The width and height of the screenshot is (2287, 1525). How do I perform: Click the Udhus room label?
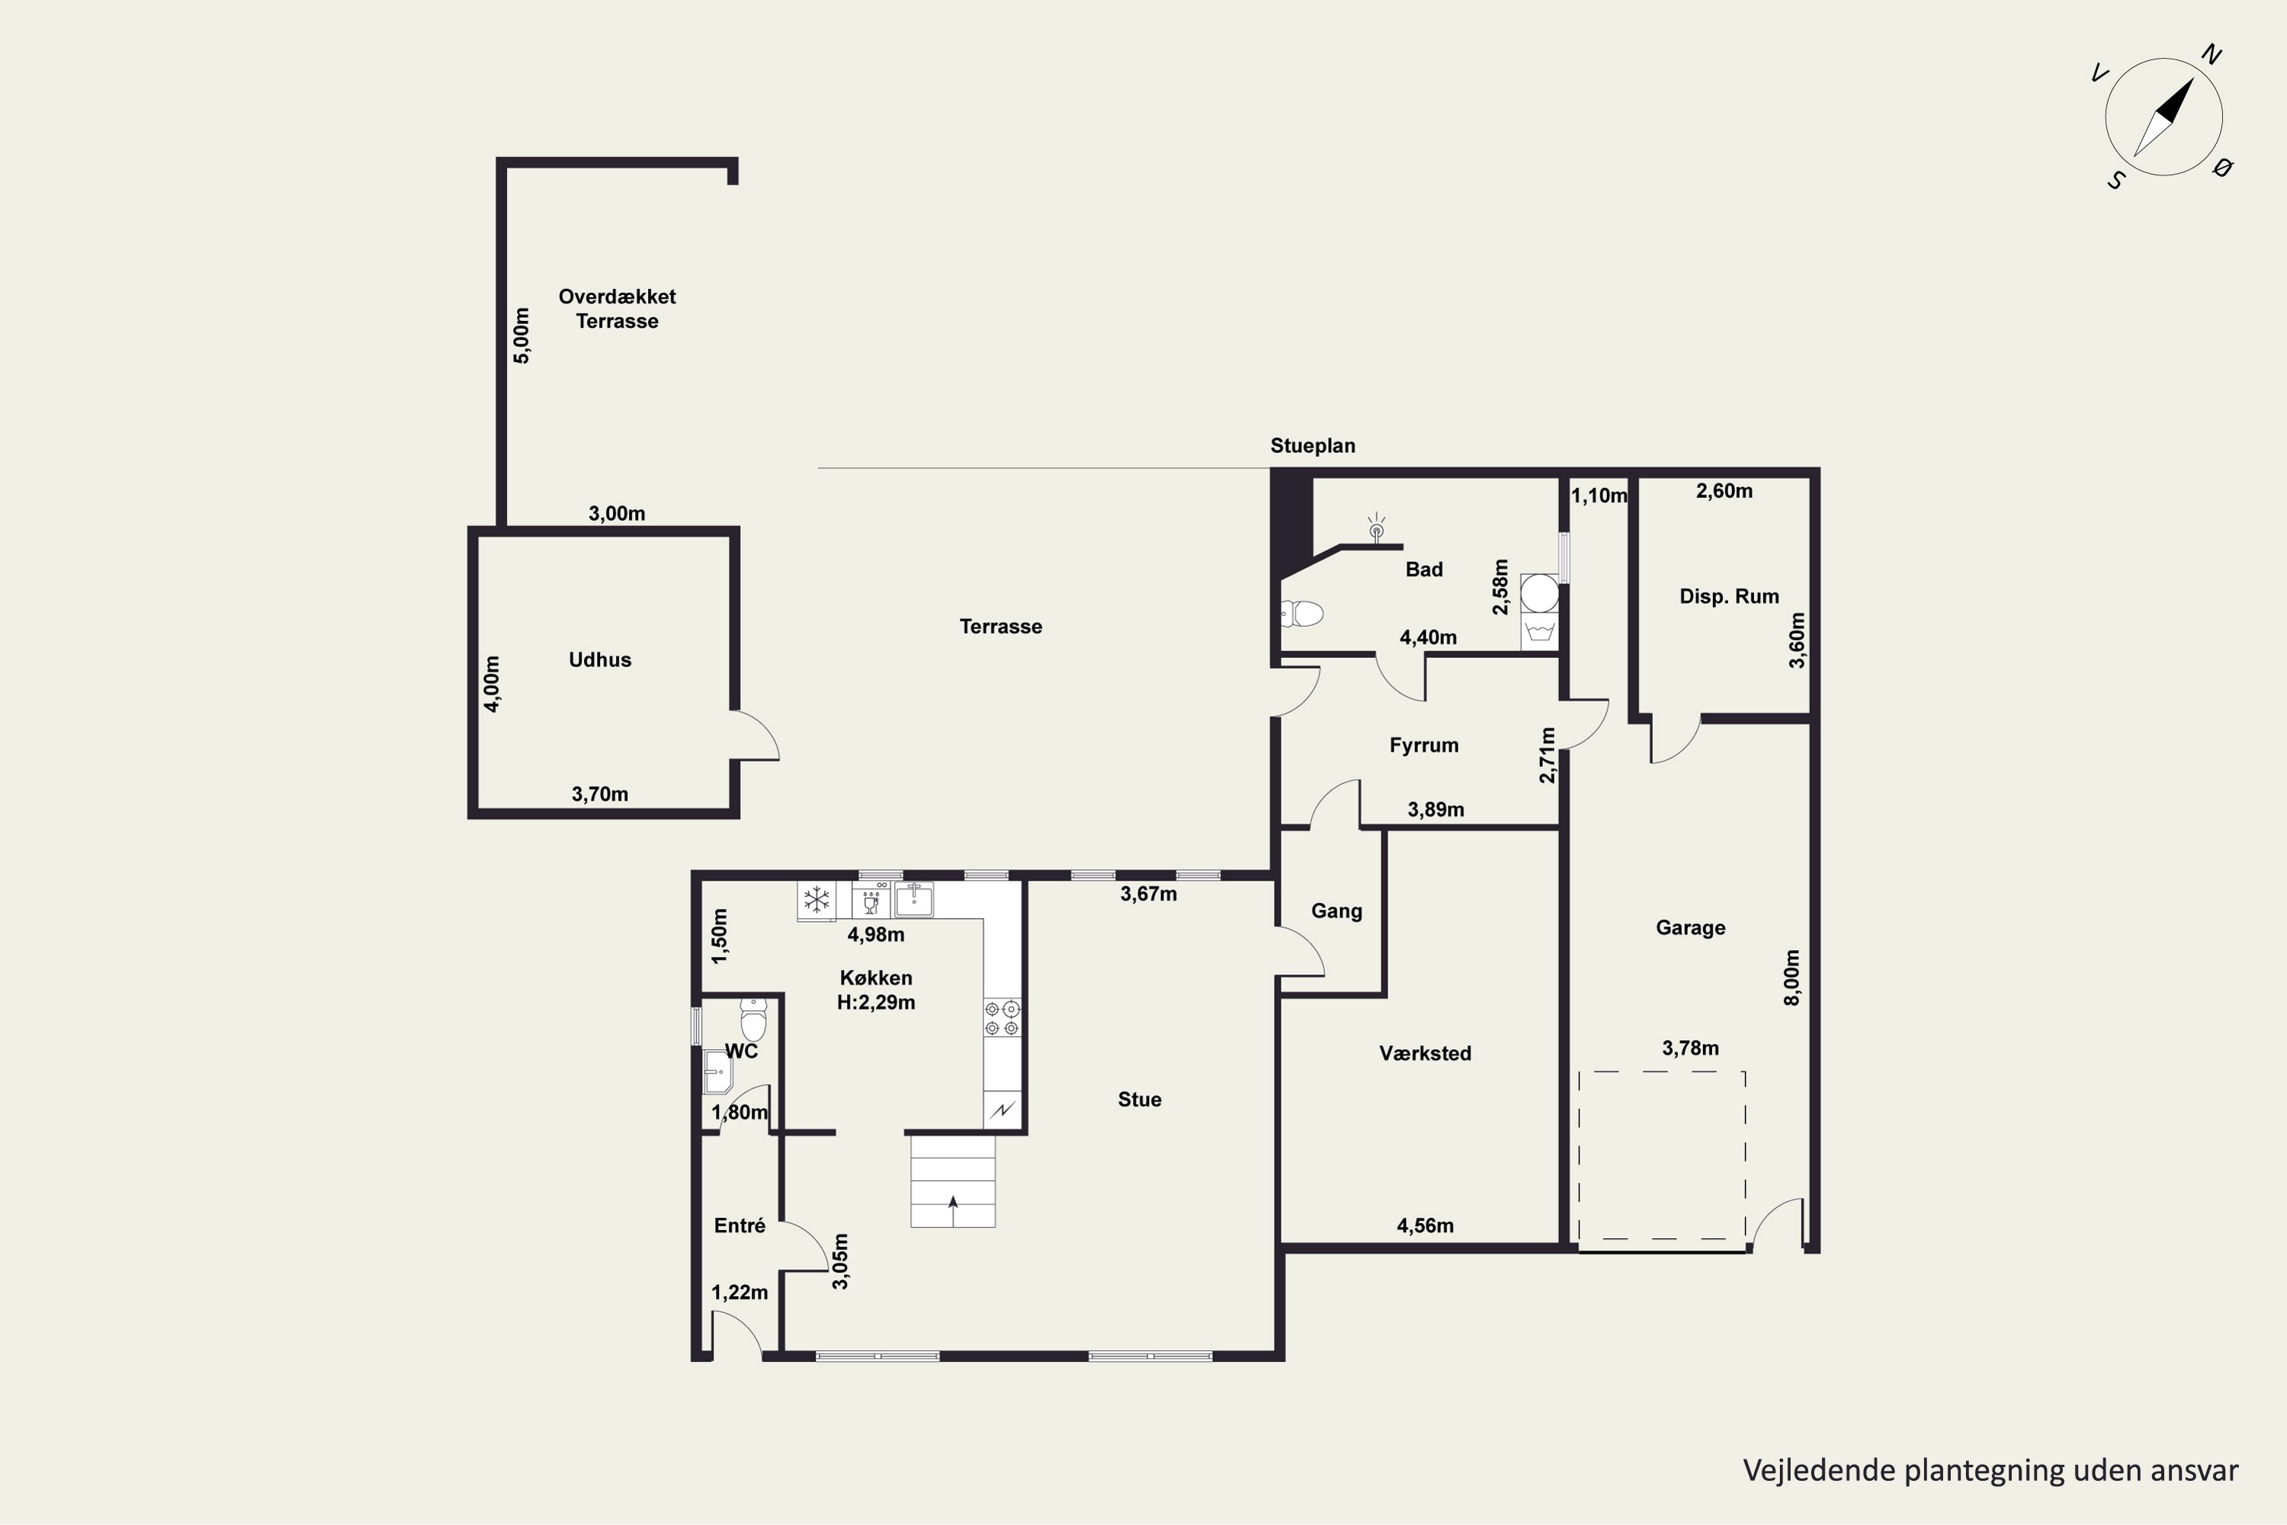coord(600,660)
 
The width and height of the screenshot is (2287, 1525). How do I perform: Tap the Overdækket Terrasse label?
coord(617,308)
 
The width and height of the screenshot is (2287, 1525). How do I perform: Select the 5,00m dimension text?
coord(522,335)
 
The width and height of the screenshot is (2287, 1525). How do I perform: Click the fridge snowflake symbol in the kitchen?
coord(816,900)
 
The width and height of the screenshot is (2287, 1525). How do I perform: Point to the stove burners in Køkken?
coord(1002,1017)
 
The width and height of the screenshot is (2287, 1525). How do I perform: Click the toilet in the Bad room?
coord(1302,614)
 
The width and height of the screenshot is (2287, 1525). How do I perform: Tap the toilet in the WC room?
coord(754,1019)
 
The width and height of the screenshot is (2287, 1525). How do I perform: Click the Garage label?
coord(1691,928)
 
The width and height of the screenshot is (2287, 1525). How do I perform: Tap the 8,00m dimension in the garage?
coord(1792,978)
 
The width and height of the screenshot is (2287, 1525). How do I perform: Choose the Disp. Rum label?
coord(1729,596)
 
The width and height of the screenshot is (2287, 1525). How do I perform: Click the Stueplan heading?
coord(1313,445)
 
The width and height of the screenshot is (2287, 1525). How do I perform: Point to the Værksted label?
coord(1425,1053)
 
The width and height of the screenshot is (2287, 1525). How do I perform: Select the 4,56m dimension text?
coord(1426,1226)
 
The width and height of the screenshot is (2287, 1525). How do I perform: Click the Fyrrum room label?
coord(1423,746)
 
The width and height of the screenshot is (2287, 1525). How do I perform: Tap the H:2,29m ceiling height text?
coord(876,1003)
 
